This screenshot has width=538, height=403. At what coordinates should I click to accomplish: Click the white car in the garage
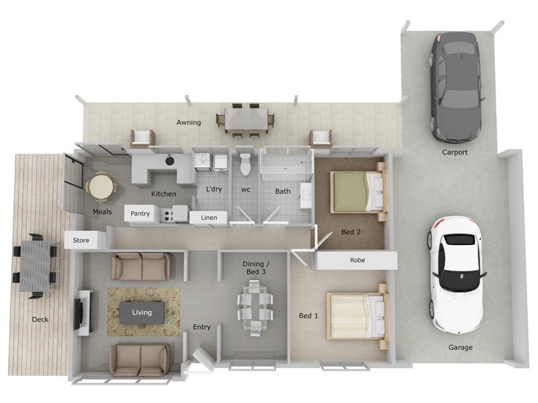(456, 274)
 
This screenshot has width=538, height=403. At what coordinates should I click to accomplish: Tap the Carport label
(455, 152)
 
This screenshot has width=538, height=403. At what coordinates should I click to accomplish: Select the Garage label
(461, 347)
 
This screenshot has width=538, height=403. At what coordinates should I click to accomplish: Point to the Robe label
(357, 260)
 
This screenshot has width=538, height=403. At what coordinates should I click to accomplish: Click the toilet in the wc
(245, 163)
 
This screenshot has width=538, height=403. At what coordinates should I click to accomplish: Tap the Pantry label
(140, 214)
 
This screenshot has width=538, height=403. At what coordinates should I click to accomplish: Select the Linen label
(209, 218)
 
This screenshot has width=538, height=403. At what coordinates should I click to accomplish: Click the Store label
(81, 240)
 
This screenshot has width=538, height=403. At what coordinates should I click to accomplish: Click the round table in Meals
(100, 186)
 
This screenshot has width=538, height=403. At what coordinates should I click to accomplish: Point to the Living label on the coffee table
(142, 312)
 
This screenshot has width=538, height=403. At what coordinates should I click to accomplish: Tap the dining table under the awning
(245, 120)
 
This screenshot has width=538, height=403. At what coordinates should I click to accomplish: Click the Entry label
(202, 327)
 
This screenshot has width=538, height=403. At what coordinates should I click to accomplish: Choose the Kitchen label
(163, 194)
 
